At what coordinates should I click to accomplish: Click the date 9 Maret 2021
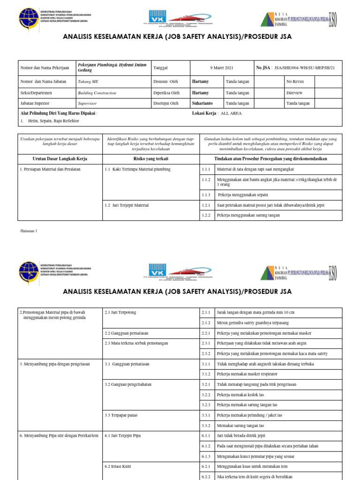[222, 68]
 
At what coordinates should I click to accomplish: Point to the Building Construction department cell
[97, 93]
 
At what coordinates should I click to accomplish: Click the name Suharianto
[203, 104]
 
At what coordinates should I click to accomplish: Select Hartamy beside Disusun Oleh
[201, 82]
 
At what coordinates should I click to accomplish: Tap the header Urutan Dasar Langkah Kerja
[60, 159]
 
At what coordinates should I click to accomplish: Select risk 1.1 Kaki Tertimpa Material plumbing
[138, 169]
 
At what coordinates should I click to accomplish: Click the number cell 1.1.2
[206, 180]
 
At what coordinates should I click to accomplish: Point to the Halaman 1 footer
[29, 231]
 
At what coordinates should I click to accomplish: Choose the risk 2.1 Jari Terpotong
[120, 312]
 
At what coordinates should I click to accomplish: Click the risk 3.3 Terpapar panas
[123, 415]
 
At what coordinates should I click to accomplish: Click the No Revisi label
[296, 82]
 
